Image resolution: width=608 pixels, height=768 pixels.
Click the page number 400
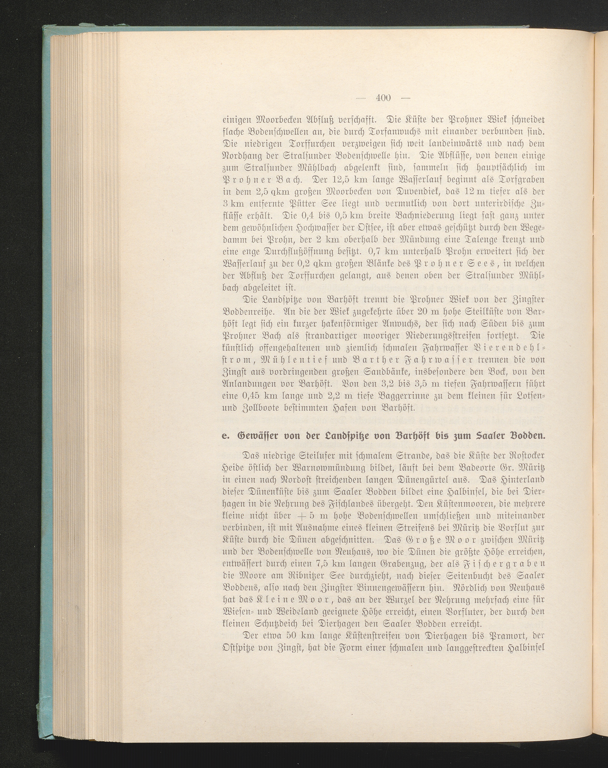pyautogui.click(x=383, y=98)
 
